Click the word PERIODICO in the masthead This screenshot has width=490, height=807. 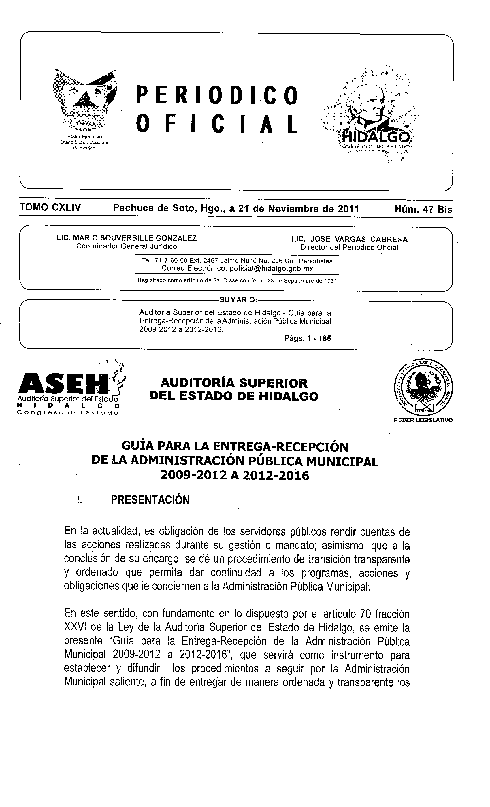217,95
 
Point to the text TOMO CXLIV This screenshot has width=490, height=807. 50,207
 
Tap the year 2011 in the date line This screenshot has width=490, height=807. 348,209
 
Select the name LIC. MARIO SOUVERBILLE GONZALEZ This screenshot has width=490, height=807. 127,238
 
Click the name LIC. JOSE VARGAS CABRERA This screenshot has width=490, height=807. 349,240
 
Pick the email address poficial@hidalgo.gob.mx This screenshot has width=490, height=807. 271,269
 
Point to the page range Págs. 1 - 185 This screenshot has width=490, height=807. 308,338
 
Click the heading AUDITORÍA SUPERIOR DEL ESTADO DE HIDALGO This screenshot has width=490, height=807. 234,389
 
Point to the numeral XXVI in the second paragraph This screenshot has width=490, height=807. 75,627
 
